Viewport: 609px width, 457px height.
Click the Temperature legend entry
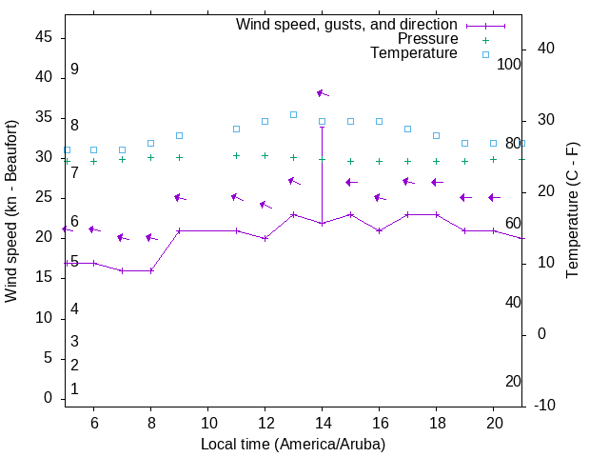[414, 54]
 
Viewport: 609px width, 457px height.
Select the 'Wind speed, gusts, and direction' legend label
[346, 24]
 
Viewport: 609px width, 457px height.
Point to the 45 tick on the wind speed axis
[44, 37]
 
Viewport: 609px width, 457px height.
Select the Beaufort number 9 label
[74, 70]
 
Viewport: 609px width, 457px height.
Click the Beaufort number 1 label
[74, 388]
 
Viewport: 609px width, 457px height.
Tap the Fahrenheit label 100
[509, 64]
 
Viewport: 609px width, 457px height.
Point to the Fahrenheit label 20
[513, 381]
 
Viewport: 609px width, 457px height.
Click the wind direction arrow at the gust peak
[323, 93]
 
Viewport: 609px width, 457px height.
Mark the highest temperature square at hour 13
[293, 114]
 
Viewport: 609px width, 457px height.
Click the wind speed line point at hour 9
[179, 230]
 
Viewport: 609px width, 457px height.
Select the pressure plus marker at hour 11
[236, 155]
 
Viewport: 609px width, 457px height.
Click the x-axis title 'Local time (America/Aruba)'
[293, 444]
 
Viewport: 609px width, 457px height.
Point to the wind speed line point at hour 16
[379, 230]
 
